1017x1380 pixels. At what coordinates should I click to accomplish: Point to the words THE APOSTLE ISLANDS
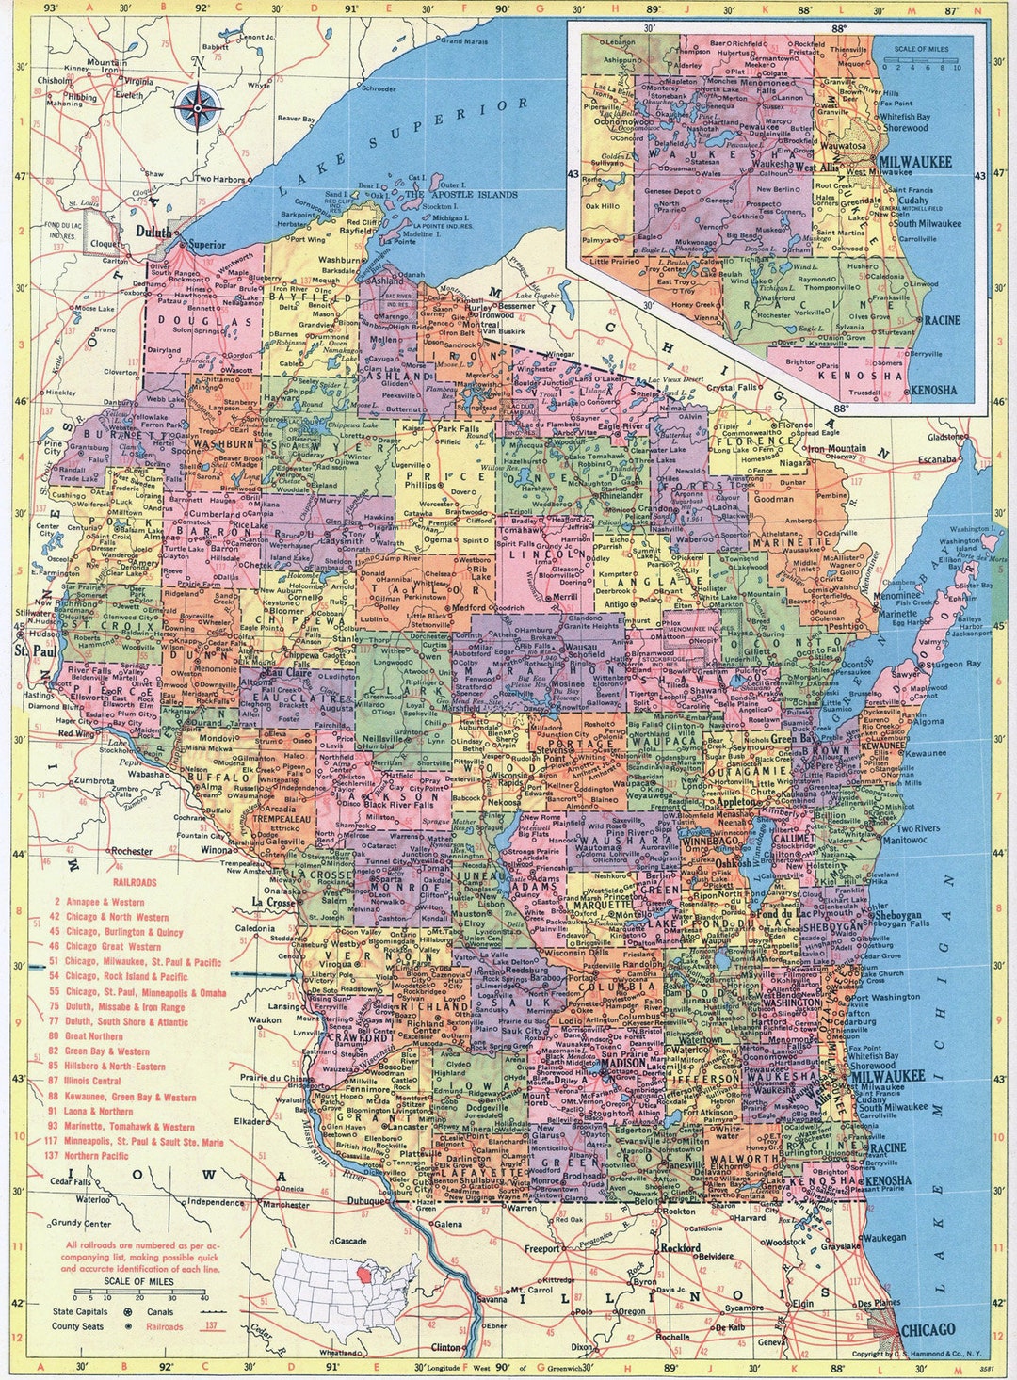click(461, 195)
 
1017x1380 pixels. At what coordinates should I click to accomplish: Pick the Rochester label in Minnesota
click(131, 851)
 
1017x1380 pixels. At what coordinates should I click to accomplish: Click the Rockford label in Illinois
click(682, 1248)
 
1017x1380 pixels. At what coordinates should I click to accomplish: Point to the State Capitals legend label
click(81, 1311)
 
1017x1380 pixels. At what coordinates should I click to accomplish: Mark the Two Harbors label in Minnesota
click(219, 179)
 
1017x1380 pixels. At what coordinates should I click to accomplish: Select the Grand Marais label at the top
click(464, 41)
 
